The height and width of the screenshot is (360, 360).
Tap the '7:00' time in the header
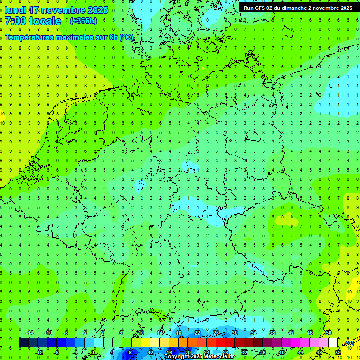click(15, 21)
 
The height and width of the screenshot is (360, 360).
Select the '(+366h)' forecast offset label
click(83, 21)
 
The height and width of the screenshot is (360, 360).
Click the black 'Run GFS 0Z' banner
click(298, 8)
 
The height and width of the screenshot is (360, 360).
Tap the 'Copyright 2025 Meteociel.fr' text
click(200, 357)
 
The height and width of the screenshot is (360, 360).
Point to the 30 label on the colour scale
click(235, 333)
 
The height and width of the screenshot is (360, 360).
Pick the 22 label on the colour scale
click(197, 333)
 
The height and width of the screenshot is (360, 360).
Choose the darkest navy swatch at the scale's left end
click(23, 343)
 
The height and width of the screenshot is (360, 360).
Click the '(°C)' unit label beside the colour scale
click(349, 344)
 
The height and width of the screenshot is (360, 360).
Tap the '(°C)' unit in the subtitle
click(127, 37)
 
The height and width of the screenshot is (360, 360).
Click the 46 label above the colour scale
click(310, 333)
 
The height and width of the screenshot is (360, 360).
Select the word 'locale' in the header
click(45, 21)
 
